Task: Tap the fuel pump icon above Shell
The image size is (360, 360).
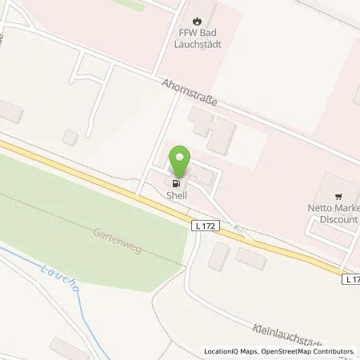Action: tap(176, 182)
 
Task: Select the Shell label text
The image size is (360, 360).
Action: tap(176, 194)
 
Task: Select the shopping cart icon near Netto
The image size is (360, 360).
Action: tap(339, 194)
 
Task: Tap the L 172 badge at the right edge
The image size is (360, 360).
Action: tap(350, 278)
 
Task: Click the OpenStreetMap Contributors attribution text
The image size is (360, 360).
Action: tap(311, 351)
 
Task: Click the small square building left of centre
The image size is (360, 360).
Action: tap(70, 138)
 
